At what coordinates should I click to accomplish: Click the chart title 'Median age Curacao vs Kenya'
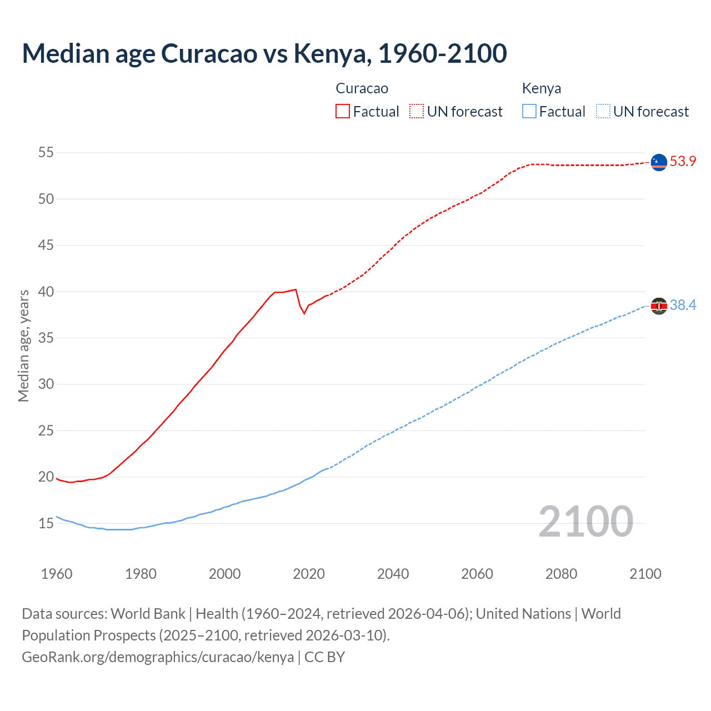tap(264, 53)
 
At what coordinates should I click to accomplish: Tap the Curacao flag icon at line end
tap(659, 162)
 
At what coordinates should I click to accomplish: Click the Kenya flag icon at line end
tap(659, 306)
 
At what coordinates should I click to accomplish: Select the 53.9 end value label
tap(683, 162)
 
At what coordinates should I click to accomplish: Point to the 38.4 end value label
tap(683, 306)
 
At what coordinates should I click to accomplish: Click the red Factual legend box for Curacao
tap(343, 112)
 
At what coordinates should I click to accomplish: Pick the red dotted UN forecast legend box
tap(417, 112)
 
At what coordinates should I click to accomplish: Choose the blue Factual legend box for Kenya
tap(529, 112)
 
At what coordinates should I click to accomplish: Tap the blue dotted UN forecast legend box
tap(603, 112)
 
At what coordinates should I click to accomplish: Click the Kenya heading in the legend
tap(542, 88)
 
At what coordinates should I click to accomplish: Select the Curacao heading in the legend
tap(362, 88)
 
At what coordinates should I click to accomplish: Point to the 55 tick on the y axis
tap(46, 152)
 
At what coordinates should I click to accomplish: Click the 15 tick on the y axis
tap(46, 523)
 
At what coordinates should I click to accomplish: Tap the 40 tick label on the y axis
tap(46, 292)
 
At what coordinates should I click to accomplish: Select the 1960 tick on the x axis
tap(57, 574)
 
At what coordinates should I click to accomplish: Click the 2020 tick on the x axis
tap(309, 574)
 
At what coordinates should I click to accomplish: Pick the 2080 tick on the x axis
tap(561, 574)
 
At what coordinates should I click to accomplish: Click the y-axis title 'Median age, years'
tap(23, 346)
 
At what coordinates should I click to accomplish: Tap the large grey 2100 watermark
tap(585, 521)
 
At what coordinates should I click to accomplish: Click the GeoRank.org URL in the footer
tap(158, 657)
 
